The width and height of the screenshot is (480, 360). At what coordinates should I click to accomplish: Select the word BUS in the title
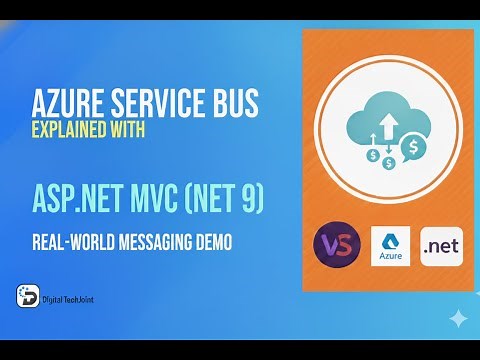(x=236, y=103)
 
